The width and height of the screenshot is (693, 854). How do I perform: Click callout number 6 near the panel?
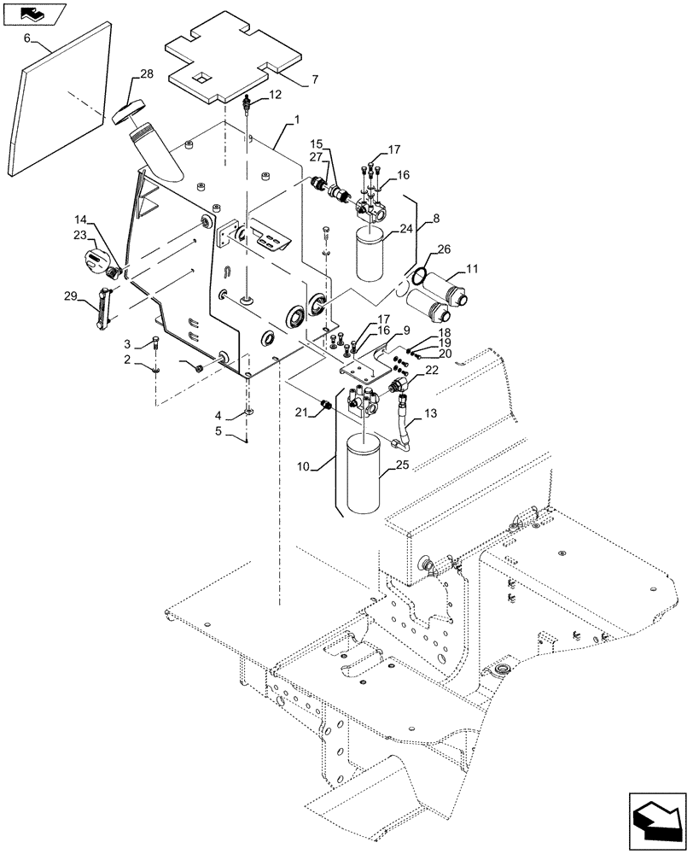tap(26, 39)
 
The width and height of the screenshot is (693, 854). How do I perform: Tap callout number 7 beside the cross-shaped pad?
tap(315, 79)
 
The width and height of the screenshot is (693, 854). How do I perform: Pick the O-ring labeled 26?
tap(418, 276)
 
